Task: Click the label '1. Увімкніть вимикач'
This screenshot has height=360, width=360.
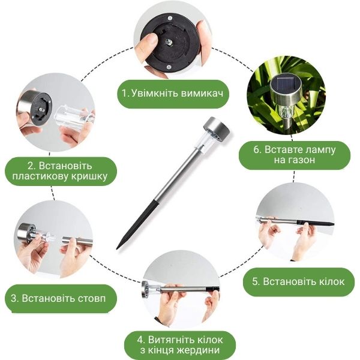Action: [x=172, y=94]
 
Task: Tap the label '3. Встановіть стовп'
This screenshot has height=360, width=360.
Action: [x=58, y=298]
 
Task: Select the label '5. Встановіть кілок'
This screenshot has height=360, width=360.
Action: [x=298, y=281]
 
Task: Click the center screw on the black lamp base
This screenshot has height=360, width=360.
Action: [x=168, y=42]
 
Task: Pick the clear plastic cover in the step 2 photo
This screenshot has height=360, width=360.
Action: [x=74, y=115]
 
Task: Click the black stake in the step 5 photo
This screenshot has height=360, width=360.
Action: [x=315, y=223]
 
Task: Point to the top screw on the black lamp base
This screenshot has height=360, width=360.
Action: [x=170, y=19]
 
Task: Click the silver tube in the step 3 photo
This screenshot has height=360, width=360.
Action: [x=77, y=241]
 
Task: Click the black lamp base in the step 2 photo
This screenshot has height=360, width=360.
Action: [x=41, y=106]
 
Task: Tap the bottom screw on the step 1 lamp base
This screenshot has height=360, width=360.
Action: [x=169, y=67]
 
